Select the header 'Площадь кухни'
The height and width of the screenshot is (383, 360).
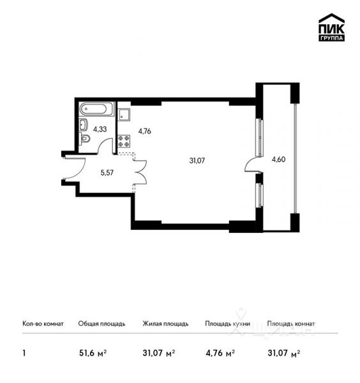(x=227, y=324)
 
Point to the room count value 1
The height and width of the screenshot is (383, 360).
(x=24, y=352)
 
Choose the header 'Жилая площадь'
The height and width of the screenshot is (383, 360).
(x=165, y=324)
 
